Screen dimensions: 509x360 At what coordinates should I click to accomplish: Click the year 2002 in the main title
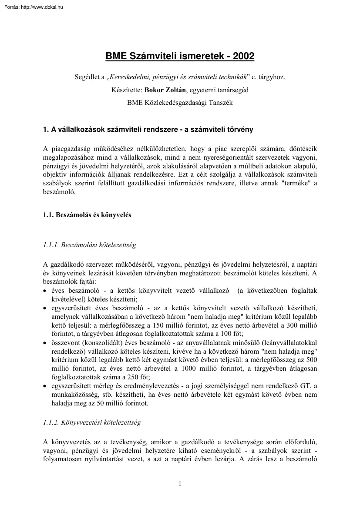pos(243,56)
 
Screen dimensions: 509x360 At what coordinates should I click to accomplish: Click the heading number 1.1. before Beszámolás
pos(49,215)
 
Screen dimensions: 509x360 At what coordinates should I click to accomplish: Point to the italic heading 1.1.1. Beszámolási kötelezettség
pos(90,245)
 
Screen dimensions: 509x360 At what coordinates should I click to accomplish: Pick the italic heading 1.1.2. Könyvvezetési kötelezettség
pos(92,422)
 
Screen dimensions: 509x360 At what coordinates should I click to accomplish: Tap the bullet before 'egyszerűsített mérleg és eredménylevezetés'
pos(46,387)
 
